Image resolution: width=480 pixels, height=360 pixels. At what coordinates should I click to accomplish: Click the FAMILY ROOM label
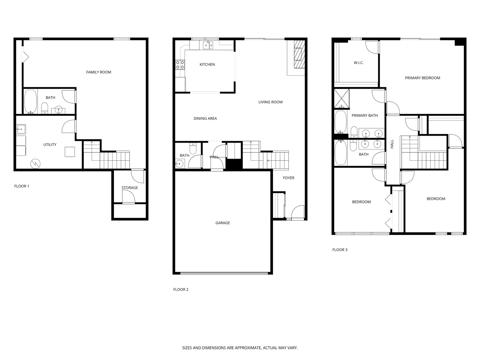pyautogui.click(x=99, y=72)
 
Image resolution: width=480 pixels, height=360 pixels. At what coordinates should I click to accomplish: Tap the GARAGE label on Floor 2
pyautogui.click(x=223, y=223)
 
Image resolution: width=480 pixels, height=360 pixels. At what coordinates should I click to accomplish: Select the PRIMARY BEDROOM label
pyautogui.click(x=422, y=78)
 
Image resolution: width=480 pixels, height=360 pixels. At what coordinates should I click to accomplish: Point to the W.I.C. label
pyautogui.click(x=359, y=63)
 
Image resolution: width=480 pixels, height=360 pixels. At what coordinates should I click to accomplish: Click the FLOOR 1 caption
pyautogui.click(x=22, y=186)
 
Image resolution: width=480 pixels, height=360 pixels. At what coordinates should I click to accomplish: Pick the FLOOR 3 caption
pyautogui.click(x=340, y=250)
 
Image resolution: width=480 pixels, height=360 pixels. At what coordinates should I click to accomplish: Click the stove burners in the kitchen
pyautogui.click(x=180, y=65)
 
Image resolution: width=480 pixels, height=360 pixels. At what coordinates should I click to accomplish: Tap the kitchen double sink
pyautogui.click(x=208, y=45)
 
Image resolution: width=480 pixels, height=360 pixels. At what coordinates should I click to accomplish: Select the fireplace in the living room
pyautogui.click(x=299, y=54)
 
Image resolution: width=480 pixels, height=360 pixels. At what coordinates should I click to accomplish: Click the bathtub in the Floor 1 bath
pyautogui.click(x=31, y=102)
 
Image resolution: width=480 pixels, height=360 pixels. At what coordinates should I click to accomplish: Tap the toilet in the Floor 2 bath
pyautogui.click(x=193, y=148)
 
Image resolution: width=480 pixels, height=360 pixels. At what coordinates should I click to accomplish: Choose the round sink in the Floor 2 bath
pyautogui.click(x=180, y=163)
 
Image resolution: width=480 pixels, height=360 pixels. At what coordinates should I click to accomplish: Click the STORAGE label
pyautogui.click(x=130, y=188)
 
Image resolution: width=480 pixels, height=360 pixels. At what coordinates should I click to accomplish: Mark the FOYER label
pyautogui.click(x=289, y=178)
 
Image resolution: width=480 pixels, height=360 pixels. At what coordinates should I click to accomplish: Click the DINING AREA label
pyautogui.click(x=205, y=119)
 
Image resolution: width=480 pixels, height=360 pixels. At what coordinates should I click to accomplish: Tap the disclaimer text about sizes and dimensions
pyautogui.click(x=240, y=348)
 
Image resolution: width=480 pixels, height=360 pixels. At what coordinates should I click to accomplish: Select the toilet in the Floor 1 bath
pyautogui.click(x=45, y=108)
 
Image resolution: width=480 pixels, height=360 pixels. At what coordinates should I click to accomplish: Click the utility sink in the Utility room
pyautogui.click(x=21, y=129)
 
